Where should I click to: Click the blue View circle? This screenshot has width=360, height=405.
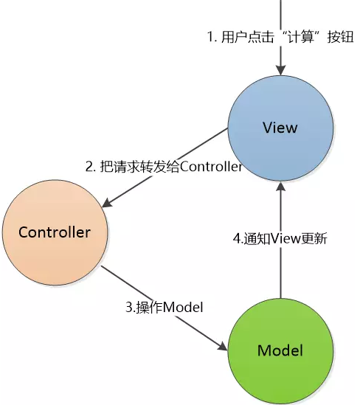pyautogui.click(x=280, y=128)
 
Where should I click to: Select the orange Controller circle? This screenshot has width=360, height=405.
pyautogui.click(x=55, y=232)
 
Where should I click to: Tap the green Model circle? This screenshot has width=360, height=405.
pyautogui.click(x=280, y=350)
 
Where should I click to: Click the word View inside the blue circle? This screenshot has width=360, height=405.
pyautogui.click(x=280, y=128)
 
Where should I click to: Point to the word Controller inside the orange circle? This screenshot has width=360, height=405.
pyautogui.click(x=55, y=232)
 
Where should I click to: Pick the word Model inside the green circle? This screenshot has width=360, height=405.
pyautogui.click(x=280, y=350)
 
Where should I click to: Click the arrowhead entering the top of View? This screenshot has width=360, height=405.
pyautogui.click(x=281, y=70)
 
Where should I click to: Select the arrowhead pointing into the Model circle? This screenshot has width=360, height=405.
pyautogui.click(x=222, y=346)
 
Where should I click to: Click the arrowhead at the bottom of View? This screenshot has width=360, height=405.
pyautogui.click(x=281, y=186)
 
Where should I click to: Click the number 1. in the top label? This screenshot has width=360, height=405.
pyautogui.click(x=212, y=37)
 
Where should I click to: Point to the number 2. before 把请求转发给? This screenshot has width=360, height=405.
pyautogui.click(x=91, y=167)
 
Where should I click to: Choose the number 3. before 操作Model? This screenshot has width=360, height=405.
pyautogui.click(x=131, y=307)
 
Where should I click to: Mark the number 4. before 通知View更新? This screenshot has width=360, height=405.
pyautogui.click(x=238, y=238)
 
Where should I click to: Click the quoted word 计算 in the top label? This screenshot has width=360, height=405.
pyautogui.click(x=301, y=37)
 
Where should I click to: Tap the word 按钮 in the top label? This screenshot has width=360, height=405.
pyautogui.click(x=340, y=37)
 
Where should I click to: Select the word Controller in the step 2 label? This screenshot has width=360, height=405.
pyautogui.click(x=211, y=167)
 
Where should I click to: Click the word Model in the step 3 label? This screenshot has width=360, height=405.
pyautogui.click(x=183, y=307)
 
